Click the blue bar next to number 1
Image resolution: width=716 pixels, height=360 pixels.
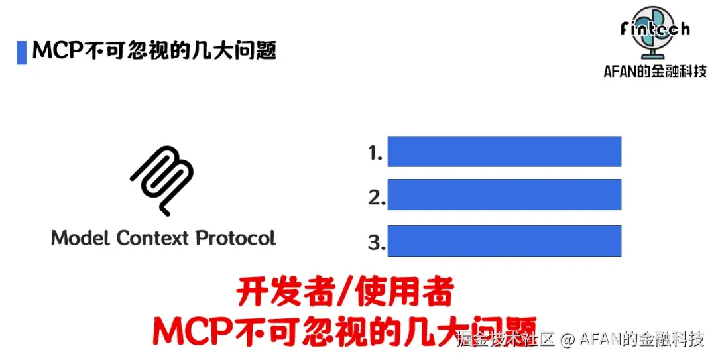pos(504,151)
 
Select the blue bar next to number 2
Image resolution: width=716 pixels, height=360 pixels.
pos(504,194)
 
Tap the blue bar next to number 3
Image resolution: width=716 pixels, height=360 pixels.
pos(504,241)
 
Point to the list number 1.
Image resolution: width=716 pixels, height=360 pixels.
pos(375,154)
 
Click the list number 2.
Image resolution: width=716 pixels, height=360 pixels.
pos(376,198)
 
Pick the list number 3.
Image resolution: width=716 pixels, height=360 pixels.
pos(376,243)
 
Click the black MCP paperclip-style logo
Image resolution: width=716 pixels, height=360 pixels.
pos(162,180)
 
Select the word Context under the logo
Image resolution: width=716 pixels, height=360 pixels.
pos(153,237)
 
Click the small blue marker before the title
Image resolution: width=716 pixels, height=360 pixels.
pos(21,52)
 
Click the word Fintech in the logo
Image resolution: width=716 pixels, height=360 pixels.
pos(655,29)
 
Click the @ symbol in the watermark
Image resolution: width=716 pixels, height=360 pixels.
pos(566,340)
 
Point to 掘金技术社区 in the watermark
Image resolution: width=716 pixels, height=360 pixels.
pos(505,340)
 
